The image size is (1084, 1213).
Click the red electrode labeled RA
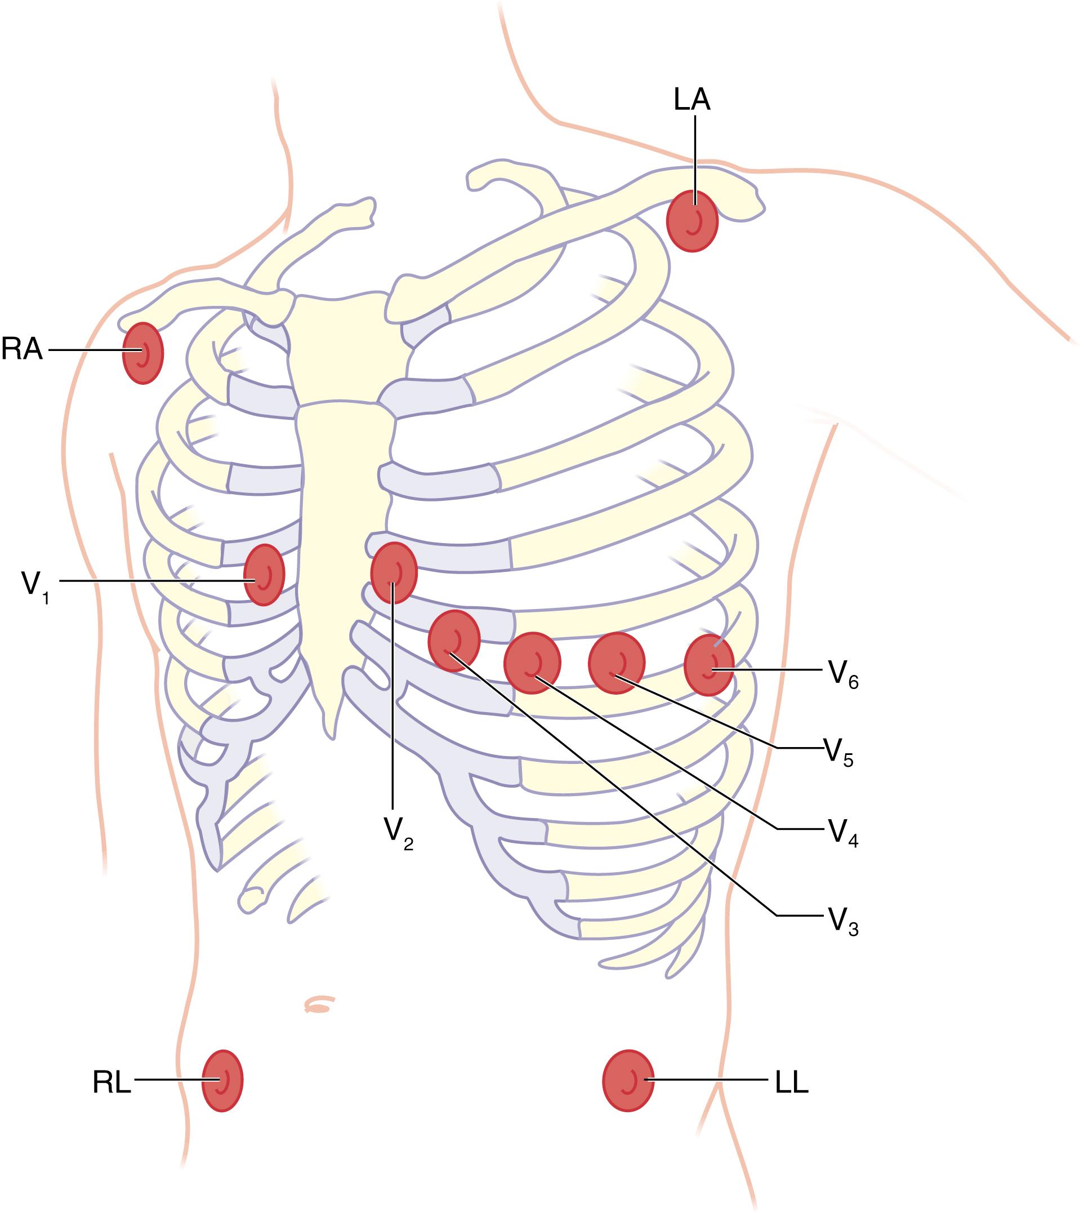[142, 353]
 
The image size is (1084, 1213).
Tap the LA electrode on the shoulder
[692, 220]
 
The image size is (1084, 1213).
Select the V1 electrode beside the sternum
[264, 574]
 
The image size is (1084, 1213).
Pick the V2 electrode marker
[394, 573]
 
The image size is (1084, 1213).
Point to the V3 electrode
[454, 641]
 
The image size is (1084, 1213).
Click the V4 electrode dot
[532, 663]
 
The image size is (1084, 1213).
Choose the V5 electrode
[617, 663]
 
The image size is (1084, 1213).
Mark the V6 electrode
[709, 665]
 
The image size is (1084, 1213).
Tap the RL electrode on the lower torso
[222, 1081]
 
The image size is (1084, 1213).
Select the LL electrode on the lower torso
[628, 1081]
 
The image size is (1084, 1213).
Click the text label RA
[22, 350]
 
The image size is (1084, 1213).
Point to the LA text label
[692, 100]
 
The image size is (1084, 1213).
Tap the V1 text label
[35, 587]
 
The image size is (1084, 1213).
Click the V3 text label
[842, 922]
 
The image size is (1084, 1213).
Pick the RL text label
[111, 1082]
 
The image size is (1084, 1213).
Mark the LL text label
[792, 1082]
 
